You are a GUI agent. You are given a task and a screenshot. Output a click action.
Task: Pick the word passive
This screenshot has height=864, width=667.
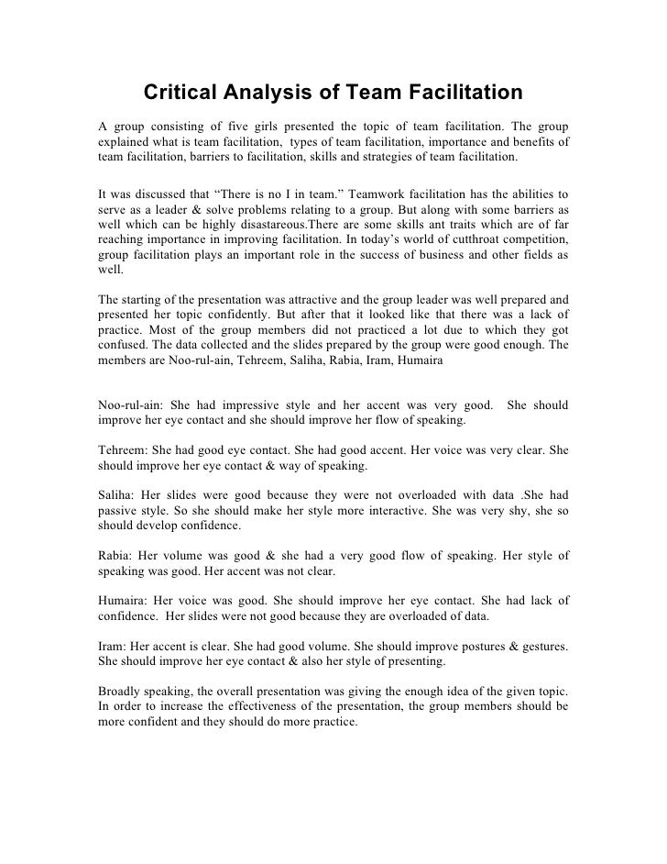coord(119,511)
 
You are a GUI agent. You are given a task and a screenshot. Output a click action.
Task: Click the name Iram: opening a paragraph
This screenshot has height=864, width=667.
coord(112,646)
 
